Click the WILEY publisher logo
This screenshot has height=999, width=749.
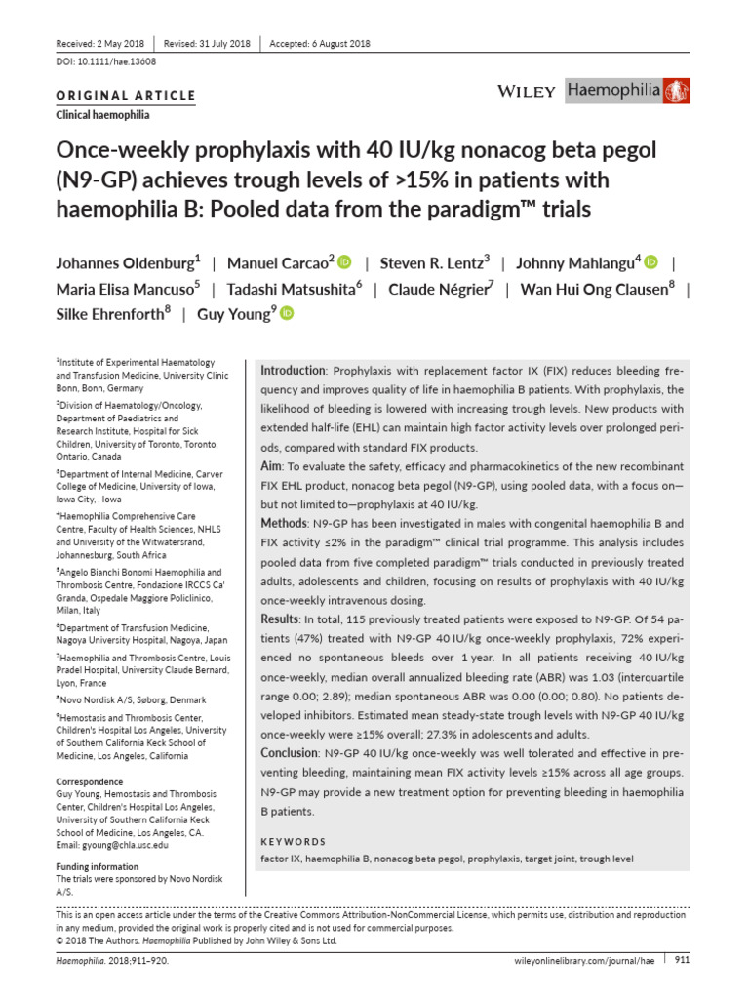(x=527, y=92)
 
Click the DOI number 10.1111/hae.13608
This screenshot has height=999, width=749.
(x=100, y=61)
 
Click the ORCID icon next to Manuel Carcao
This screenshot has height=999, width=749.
(x=344, y=262)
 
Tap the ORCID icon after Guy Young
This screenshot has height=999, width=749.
(x=287, y=313)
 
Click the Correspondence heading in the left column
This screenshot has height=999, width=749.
(x=89, y=781)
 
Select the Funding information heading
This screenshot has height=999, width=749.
(x=97, y=866)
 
